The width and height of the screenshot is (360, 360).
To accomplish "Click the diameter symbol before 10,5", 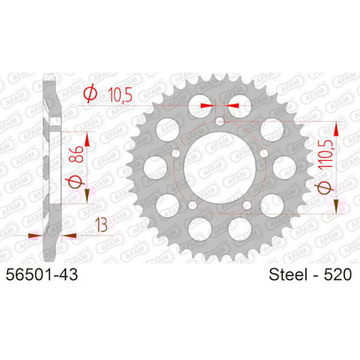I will [x=91, y=94].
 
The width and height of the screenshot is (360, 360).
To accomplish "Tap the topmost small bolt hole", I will [x=222, y=122].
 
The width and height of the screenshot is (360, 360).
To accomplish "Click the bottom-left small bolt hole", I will [x=191, y=206].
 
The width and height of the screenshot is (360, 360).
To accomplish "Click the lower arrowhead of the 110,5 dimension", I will [x=337, y=206].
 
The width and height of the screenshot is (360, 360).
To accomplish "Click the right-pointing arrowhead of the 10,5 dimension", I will [x=208, y=105].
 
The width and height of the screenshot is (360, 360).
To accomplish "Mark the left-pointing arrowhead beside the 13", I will [x=68, y=236].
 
